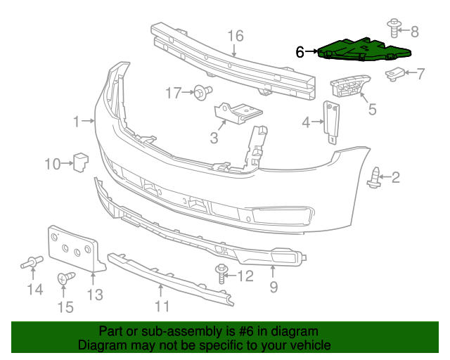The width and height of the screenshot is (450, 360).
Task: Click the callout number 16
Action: click(x=235, y=36)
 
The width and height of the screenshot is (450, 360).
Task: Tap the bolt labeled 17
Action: click(x=202, y=91)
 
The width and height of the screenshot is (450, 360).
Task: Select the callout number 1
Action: click(x=77, y=122)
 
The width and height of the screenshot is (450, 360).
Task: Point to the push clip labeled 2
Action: click(x=375, y=178)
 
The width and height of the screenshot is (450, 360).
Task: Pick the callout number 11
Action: click(x=162, y=306)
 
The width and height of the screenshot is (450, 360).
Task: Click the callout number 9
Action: click(x=274, y=287)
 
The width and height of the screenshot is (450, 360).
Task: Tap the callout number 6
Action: click(x=300, y=51)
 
